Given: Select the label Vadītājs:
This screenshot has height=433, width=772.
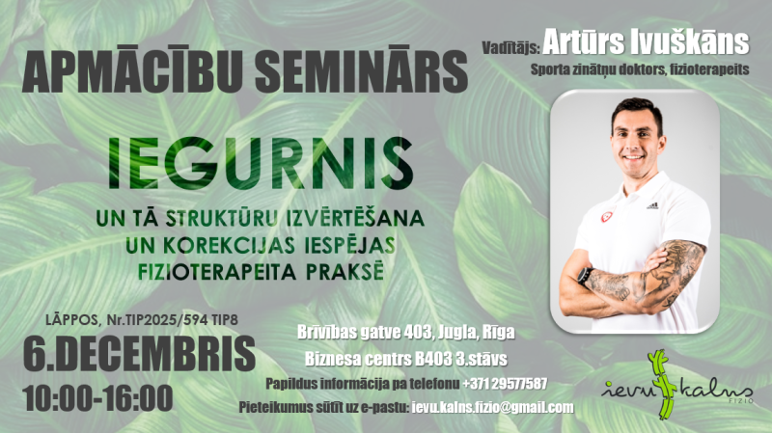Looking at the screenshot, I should [509, 44].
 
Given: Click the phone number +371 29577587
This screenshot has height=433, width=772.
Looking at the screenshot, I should [505, 383].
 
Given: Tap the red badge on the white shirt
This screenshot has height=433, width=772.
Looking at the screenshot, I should [607, 215].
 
